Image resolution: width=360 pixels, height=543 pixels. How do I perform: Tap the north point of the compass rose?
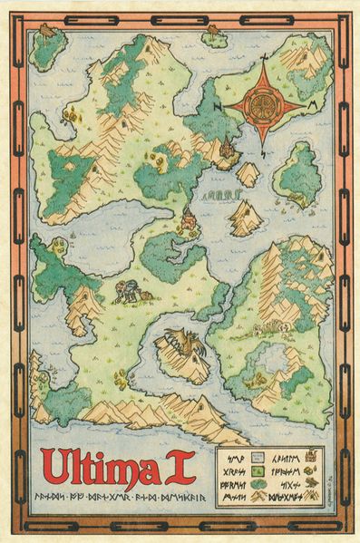point(264,62)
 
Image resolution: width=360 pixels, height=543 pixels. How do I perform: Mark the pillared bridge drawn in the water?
point(219,194)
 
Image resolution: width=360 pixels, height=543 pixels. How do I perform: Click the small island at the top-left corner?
point(46,46)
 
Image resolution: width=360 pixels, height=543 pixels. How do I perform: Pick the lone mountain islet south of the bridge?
point(243,218)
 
